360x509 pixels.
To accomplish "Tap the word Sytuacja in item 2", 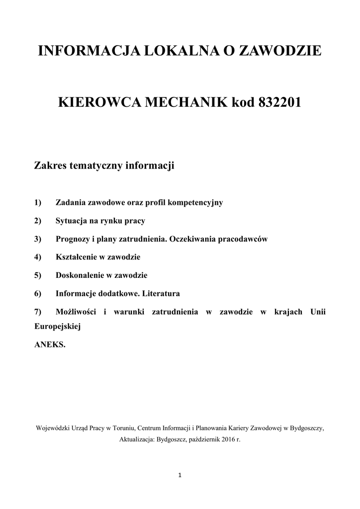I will [71, 221].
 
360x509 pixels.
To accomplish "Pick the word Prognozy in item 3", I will [73, 239].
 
